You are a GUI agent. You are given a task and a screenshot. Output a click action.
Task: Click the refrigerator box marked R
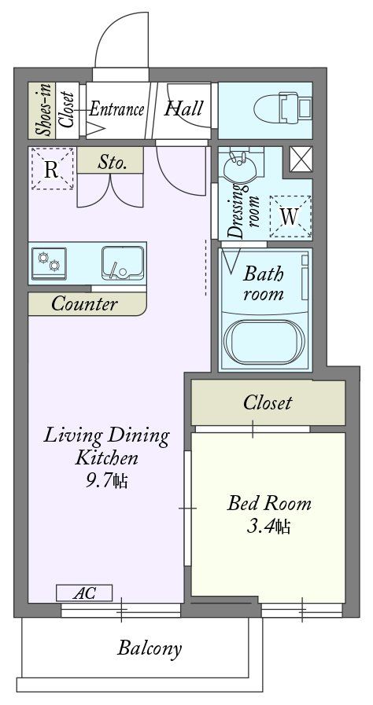pyautogui.click(x=51, y=169)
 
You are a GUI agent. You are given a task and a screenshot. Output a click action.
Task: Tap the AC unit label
pyautogui.click(x=84, y=593)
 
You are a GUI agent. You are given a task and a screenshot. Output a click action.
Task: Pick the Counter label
pyautogui.click(x=85, y=304)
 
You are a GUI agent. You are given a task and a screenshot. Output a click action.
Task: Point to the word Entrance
pyautogui.click(x=115, y=108)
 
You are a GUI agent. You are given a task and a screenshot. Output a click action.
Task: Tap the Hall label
pyautogui.click(x=183, y=108)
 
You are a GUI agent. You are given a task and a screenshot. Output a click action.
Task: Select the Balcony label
pyautogui.click(x=150, y=648)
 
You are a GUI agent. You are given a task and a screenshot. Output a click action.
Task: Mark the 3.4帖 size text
pyautogui.click(x=268, y=526)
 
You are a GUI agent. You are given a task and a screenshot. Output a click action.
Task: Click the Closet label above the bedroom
pyautogui.click(x=268, y=403)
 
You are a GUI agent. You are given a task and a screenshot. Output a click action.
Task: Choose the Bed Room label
pyautogui.click(x=268, y=503)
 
